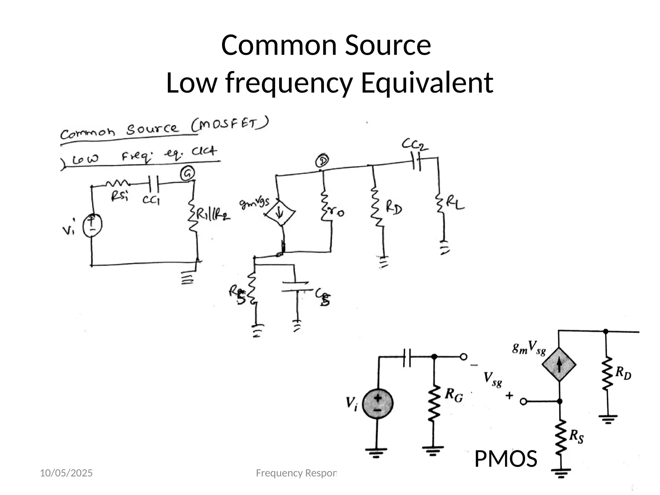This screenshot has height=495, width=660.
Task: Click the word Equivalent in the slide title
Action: click(x=427, y=83)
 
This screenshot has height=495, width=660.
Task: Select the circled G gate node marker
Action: click(x=188, y=174)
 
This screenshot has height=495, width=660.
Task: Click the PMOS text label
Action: click(x=505, y=459)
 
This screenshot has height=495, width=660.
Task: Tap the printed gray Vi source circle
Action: click(x=378, y=404)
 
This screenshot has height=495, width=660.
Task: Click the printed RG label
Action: click(x=454, y=395)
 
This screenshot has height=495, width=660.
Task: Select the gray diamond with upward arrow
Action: click(x=559, y=364)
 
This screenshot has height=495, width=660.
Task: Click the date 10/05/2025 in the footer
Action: click(x=66, y=473)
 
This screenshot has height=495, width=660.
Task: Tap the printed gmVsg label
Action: click(x=529, y=348)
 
